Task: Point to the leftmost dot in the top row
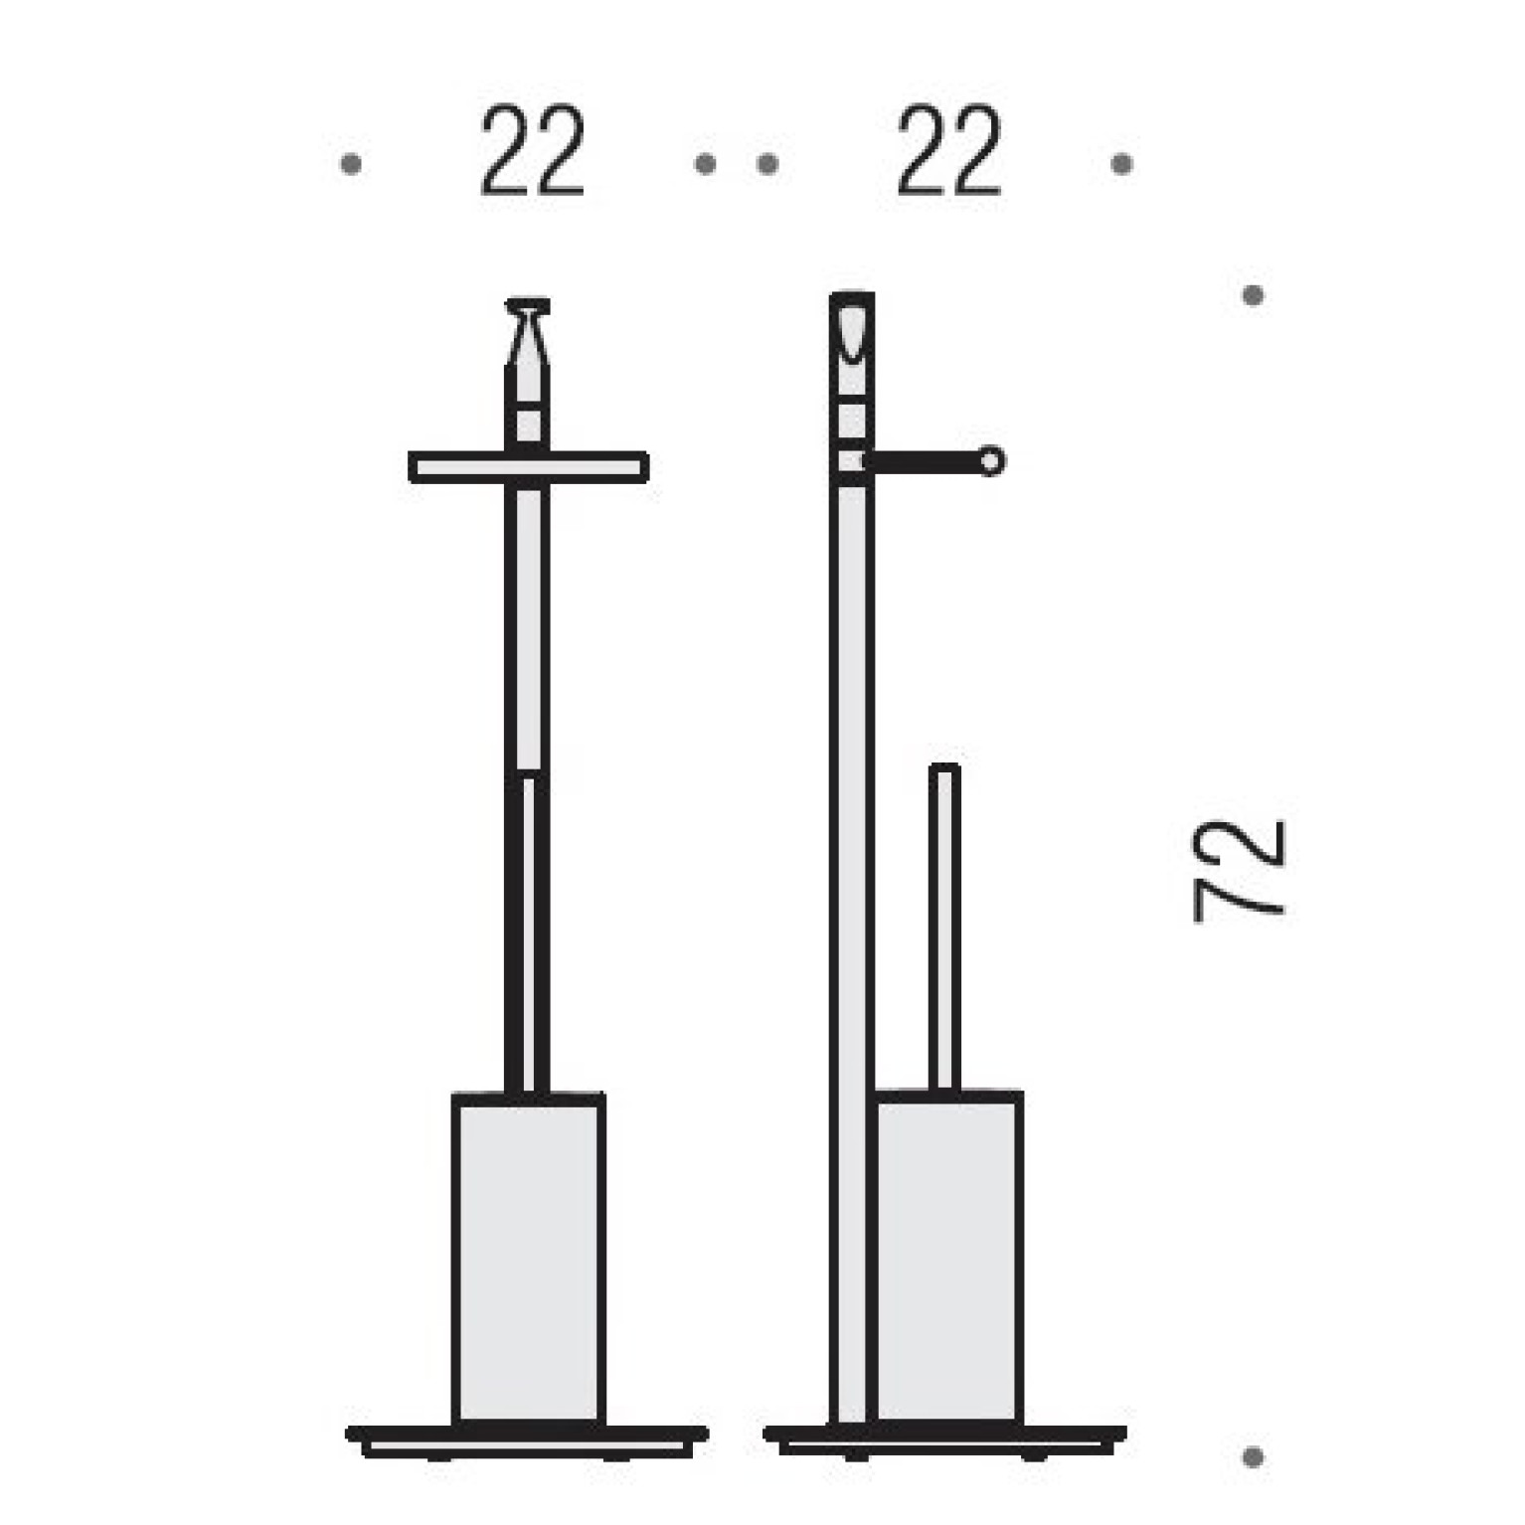pos(350,163)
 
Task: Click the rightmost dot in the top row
pos(1122,163)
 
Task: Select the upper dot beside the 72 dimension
pos(1253,295)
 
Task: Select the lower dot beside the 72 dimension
pos(1253,1457)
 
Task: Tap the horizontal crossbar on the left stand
pos(529,467)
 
